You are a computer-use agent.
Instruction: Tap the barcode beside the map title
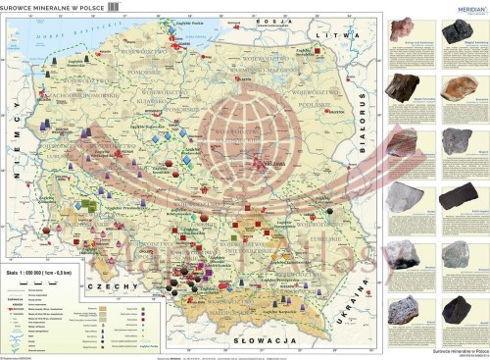(x=113, y=7)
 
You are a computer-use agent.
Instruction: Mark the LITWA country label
(x=340, y=31)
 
